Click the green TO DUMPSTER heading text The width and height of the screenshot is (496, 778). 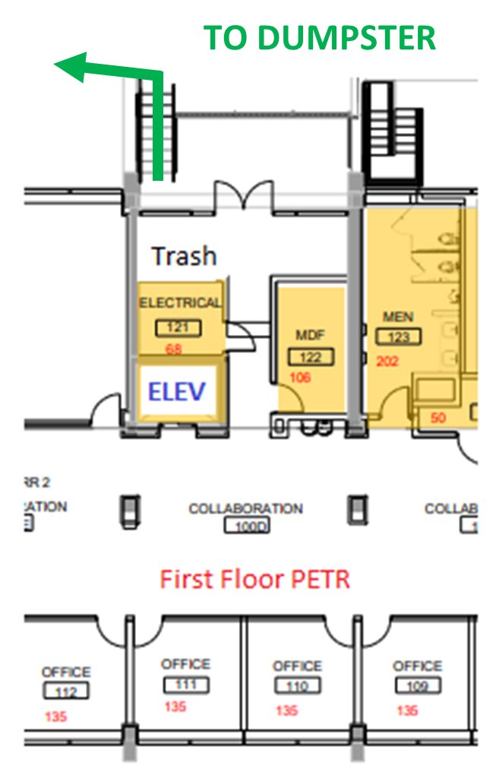(x=320, y=37)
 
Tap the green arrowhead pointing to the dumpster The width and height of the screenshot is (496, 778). (x=68, y=67)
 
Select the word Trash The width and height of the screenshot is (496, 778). (x=184, y=256)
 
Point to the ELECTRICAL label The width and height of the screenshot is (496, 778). (x=180, y=302)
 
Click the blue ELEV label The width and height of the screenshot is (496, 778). (x=177, y=391)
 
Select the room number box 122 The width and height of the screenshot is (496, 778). (x=311, y=357)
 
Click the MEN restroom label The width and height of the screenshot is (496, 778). (x=398, y=316)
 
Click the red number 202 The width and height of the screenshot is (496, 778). (x=387, y=362)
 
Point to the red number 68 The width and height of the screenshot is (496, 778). (x=175, y=349)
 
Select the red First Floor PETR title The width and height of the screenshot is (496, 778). (x=255, y=580)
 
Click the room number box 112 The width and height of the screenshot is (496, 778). (x=66, y=691)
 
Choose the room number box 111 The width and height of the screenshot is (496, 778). (x=186, y=685)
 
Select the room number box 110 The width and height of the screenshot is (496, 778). (x=297, y=686)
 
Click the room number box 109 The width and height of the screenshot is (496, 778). (x=417, y=686)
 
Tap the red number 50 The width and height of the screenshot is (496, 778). (x=438, y=417)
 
